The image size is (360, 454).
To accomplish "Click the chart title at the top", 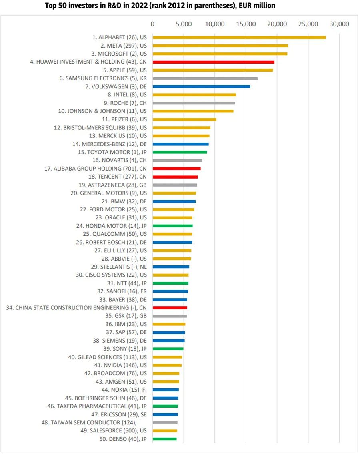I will click(160, 6).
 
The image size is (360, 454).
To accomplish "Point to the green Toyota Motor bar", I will click(180, 152).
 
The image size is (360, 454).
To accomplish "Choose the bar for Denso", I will click(164, 439).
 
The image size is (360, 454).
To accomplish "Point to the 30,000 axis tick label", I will click(339, 24).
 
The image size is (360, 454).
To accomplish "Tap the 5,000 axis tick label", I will click(184, 24).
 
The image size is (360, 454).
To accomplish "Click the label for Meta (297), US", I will click(124, 46).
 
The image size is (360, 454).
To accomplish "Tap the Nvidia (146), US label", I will click(120, 365).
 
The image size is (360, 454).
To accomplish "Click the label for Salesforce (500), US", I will click(114, 431).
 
